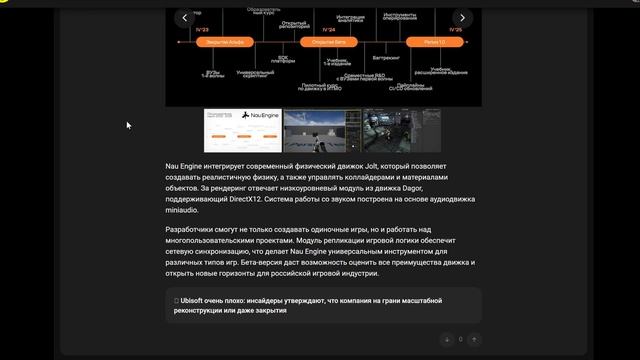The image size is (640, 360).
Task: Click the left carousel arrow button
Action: pos(183,17)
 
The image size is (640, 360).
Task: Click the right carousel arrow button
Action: pos(461,17)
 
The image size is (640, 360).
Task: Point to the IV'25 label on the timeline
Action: pos(455,31)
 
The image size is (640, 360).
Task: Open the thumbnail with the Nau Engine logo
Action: pos(241,130)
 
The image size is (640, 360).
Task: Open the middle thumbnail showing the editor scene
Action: pos(321,130)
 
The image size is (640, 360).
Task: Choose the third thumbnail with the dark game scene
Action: pos(401,130)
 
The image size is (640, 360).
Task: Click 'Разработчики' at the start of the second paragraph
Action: pos(189,231)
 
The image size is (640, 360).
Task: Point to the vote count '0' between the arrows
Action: pos(460,340)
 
